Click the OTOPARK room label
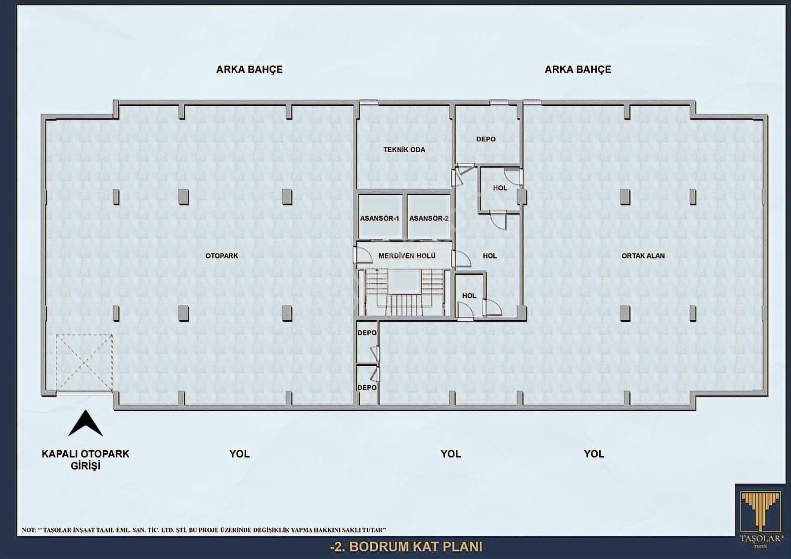pyautogui.click(x=222, y=256)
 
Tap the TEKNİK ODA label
pyautogui.click(x=404, y=150)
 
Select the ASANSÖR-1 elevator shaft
pyautogui.click(x=380, y=217)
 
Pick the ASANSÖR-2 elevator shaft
pyautogui.click(x=429, y=217)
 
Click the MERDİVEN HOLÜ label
pyautogui.click(x=407, y=256)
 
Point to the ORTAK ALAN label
pyautogui.click(x=643, y=256)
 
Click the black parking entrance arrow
pyautogui.click(x=86, y=423)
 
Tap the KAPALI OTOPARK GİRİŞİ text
pyautogui.click(x=86, y=460)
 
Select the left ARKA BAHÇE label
pyautogui.click(x=249, y=69)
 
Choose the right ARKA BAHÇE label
pyautogui.click(x=578, y=69)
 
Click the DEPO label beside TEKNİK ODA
pyautogui.click(x=486, y=139)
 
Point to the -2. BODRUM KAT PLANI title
pyautogui.click(x=406, y=547)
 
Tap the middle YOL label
pyautogui.click(x=450, y=454)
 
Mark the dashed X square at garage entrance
pyautogui.click(x=84, y=363)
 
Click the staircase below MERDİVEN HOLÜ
pyautogui.click(x=405, y=293)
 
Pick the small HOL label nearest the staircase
pyautogui.click(x=469, y=296)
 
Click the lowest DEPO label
pyautogui.click(x=367, y=387)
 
